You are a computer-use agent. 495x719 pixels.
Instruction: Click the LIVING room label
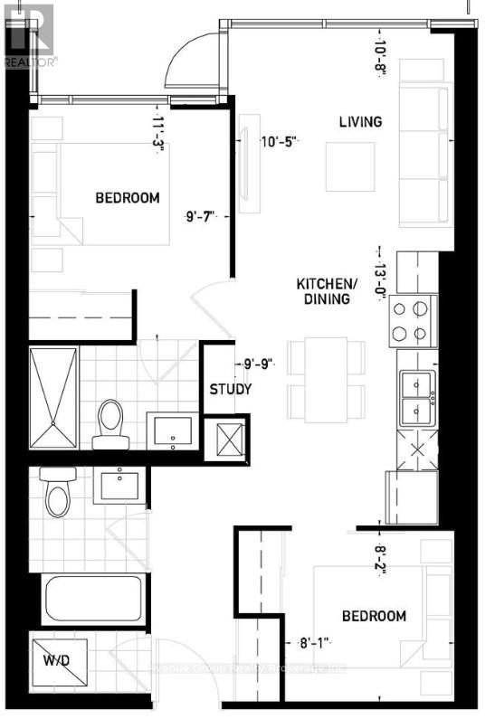[x=360, y=122]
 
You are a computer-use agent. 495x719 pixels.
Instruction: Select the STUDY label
[x=230, y=391]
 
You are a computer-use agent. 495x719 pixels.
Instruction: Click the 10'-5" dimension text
[x=280, y=141]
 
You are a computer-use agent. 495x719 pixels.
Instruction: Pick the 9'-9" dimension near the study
[x=258, y=364]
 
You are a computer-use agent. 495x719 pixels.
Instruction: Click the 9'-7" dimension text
[x=201, y=216]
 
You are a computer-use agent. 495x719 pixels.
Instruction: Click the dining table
[x=326, y=379]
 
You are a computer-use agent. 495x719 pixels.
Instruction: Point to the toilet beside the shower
[x=109, y=423]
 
